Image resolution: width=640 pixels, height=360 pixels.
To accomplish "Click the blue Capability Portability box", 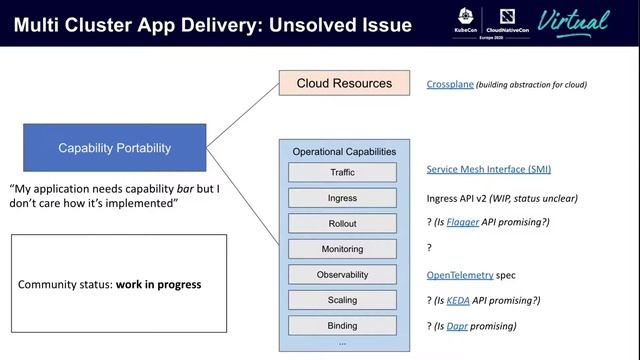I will click(x=114, y=148).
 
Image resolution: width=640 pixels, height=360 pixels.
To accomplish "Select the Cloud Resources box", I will click(x=344, y=83).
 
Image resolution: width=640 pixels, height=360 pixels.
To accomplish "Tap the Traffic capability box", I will click(x=342, y=173).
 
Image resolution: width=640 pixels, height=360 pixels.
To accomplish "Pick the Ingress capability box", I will click(x=342, y=198).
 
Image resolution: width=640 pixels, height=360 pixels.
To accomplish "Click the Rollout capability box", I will click(x=342, y=223).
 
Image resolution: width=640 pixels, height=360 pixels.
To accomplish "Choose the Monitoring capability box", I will click(x=342, y=249).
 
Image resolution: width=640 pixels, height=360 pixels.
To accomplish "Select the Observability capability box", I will click(x=342, y=274).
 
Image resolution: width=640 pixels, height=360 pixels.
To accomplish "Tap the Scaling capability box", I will click(x=342, y=300).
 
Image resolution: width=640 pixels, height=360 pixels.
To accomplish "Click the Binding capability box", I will click(x=342, y=326).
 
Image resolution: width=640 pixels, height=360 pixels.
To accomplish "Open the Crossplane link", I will click(x=450, y=85).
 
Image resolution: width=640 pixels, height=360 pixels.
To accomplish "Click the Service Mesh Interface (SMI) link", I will click(x=488, y=170).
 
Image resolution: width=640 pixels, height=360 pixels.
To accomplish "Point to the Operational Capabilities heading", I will click(x=343, y=152).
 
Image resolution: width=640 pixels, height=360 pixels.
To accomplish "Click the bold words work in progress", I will click(x=158, y=285).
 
